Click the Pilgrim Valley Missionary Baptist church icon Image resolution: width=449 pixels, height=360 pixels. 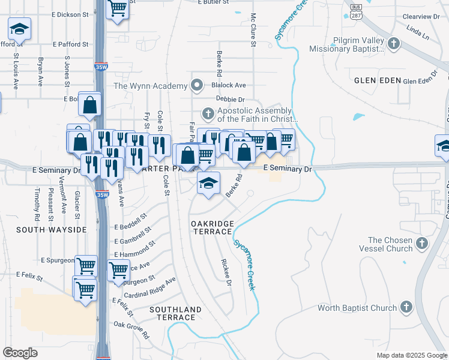[393, 43]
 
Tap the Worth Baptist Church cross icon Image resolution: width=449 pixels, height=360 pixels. [406, 308]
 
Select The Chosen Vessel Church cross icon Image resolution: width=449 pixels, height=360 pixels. [422, 243]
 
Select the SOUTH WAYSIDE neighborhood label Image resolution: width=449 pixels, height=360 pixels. [51, 229]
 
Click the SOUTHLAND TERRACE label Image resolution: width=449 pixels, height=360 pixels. [175, 313]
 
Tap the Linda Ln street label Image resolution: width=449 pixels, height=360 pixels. [418, 32]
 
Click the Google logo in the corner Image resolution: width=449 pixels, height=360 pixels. [20, 353]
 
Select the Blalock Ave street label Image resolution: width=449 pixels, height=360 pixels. [229, 86]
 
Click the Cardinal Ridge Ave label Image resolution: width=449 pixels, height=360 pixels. [149, 288]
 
